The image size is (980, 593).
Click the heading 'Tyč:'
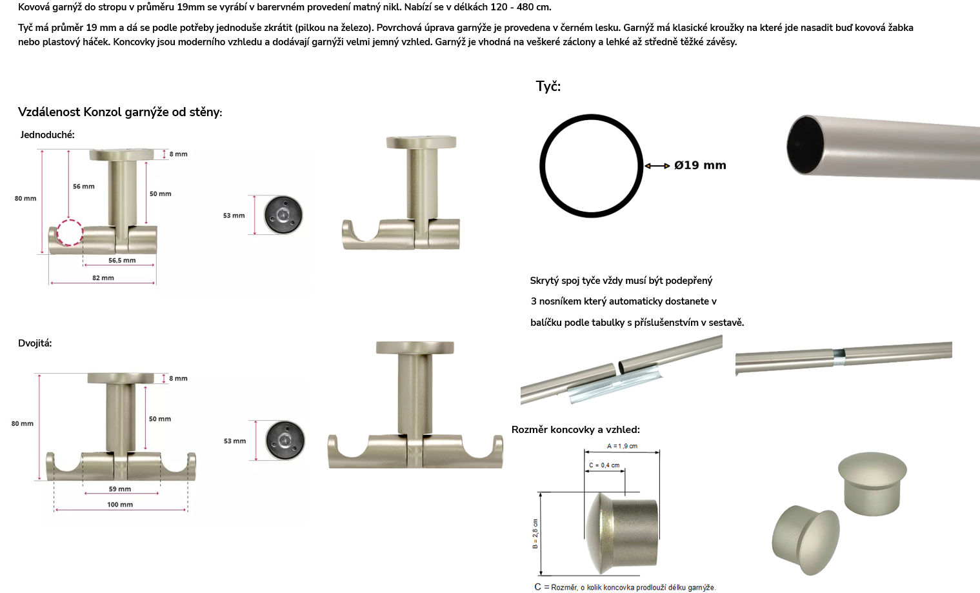548,86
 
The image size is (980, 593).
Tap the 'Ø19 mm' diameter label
700,165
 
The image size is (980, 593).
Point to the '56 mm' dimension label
84,186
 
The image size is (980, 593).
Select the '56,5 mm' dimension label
122,261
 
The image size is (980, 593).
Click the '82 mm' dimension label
103,278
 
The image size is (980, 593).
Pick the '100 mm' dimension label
120,505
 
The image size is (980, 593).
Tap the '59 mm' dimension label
120,489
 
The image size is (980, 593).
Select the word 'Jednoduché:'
47,135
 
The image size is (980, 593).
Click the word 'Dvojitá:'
35,343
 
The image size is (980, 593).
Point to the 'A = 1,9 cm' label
622,446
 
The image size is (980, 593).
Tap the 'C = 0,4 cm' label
604,465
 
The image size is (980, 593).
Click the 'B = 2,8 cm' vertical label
535,534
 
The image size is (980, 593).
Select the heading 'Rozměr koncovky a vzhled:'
575,430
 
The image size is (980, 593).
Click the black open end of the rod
805,145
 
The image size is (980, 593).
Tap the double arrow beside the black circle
657,166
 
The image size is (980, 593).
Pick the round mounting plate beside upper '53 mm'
283,215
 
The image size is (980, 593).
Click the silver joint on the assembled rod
839,357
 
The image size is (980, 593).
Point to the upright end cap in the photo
872,484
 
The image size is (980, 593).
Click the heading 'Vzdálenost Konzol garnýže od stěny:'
120,112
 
